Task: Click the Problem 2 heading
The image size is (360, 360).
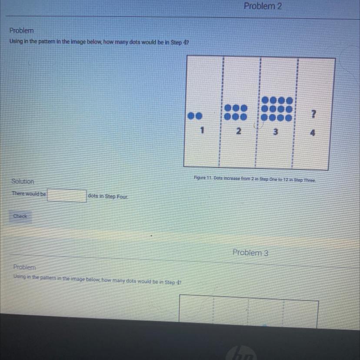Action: [x=263, y=6]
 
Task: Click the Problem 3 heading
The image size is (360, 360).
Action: [x=250, y=253]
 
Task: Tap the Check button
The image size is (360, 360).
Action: [x=20, y=216]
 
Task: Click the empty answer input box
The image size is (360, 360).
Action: [x=67, y=196]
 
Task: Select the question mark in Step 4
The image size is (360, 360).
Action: [x=313, y=114]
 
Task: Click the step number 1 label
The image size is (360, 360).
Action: [x=202, y=130]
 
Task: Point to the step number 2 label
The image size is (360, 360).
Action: [x=239, y=131]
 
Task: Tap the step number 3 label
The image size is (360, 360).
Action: [x=275, y=132]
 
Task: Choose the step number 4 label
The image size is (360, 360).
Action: [x=312, y=133]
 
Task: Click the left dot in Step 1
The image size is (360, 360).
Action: [x=191, y=116]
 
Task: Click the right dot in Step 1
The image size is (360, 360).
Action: [x=199, y=116]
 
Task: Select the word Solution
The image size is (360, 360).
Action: [x=23, y=181]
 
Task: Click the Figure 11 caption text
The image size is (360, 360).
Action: [x=255, y=179]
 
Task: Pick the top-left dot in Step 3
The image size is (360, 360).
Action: [x=265, y=100]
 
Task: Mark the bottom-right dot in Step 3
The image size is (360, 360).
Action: [x=288, y=118]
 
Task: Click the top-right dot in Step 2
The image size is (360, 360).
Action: [x=243, y=108]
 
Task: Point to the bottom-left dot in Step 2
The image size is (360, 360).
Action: [x=227, y=117]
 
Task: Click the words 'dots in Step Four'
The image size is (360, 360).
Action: [x=108, y=196]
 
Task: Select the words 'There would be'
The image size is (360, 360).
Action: [x=29, y=193]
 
